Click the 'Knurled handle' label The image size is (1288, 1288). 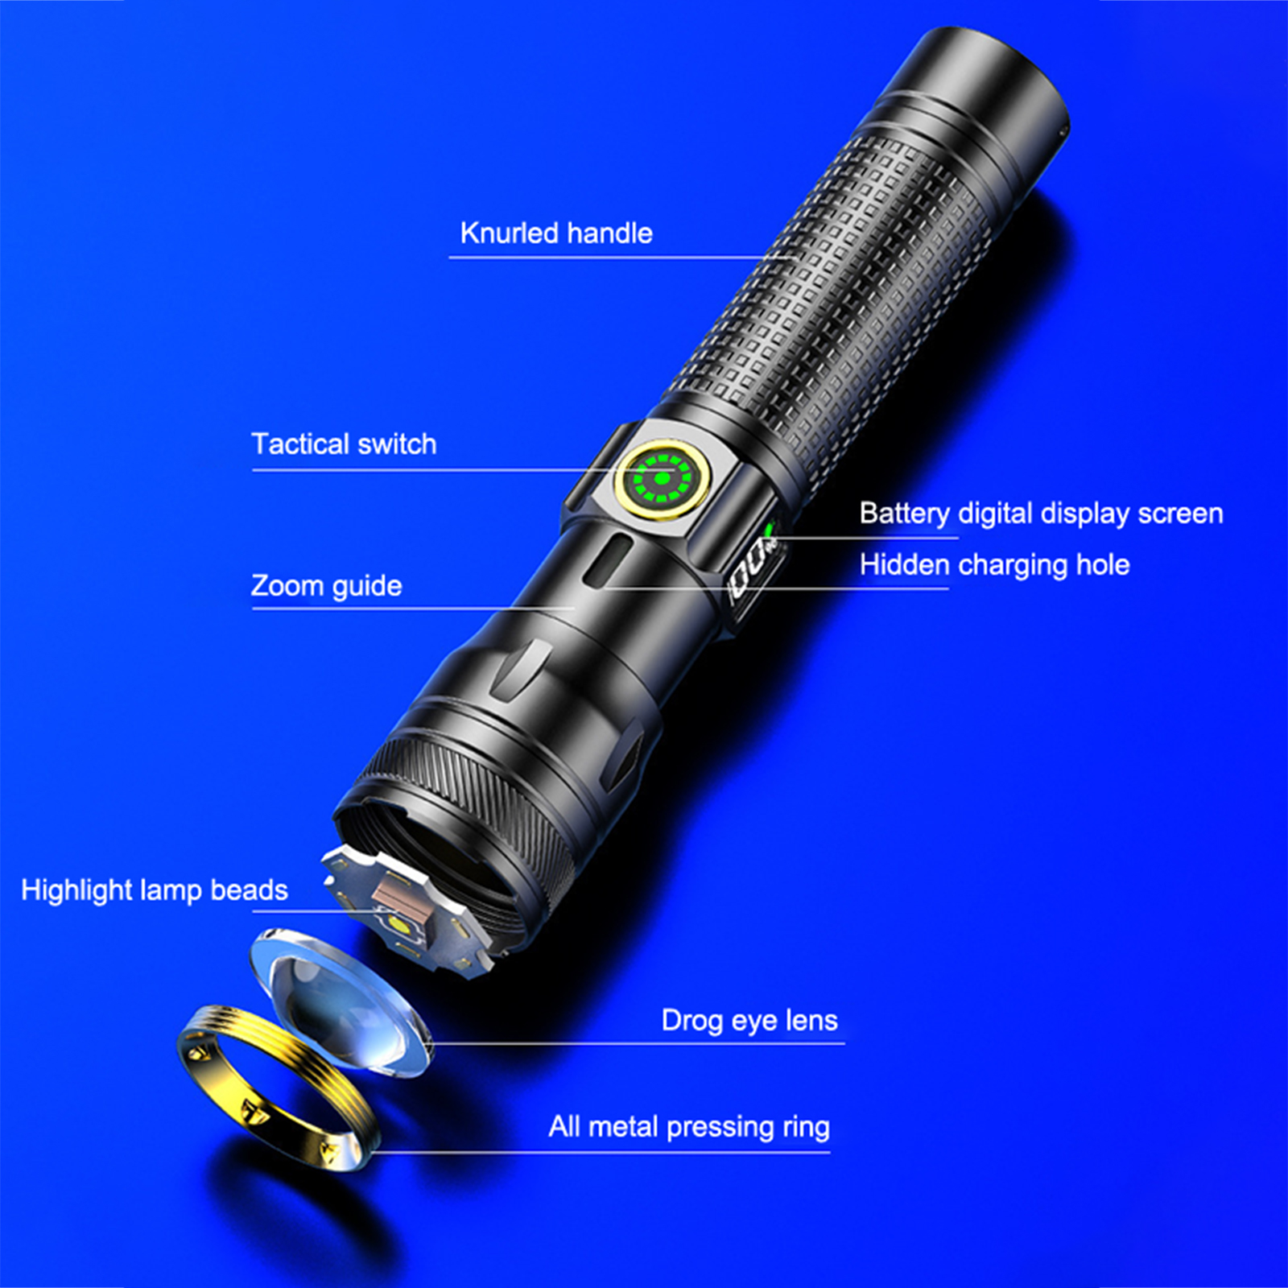pyautogui.click(x=556, y=233)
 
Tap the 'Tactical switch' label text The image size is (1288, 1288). pyautogui.click(x=344, y=444)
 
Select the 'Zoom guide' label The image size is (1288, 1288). pyautogui.click(x=326, y=586)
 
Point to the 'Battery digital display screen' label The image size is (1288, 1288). pyautogui.click(x=1041, y=514)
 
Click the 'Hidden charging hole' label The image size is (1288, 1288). pyautogui.click(x=994, y=565)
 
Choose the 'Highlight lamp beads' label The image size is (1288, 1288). pyautogui.click(x=154, y=890)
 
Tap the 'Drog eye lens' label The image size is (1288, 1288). pyautogui.click(x=749, y=1021)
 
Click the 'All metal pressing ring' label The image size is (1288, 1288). pyautogui.click(x=689, y=1127)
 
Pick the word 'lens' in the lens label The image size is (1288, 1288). pyautogui.click(x=811, y=1021)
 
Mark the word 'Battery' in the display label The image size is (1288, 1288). pyautogui.click(x=905, y=514)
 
